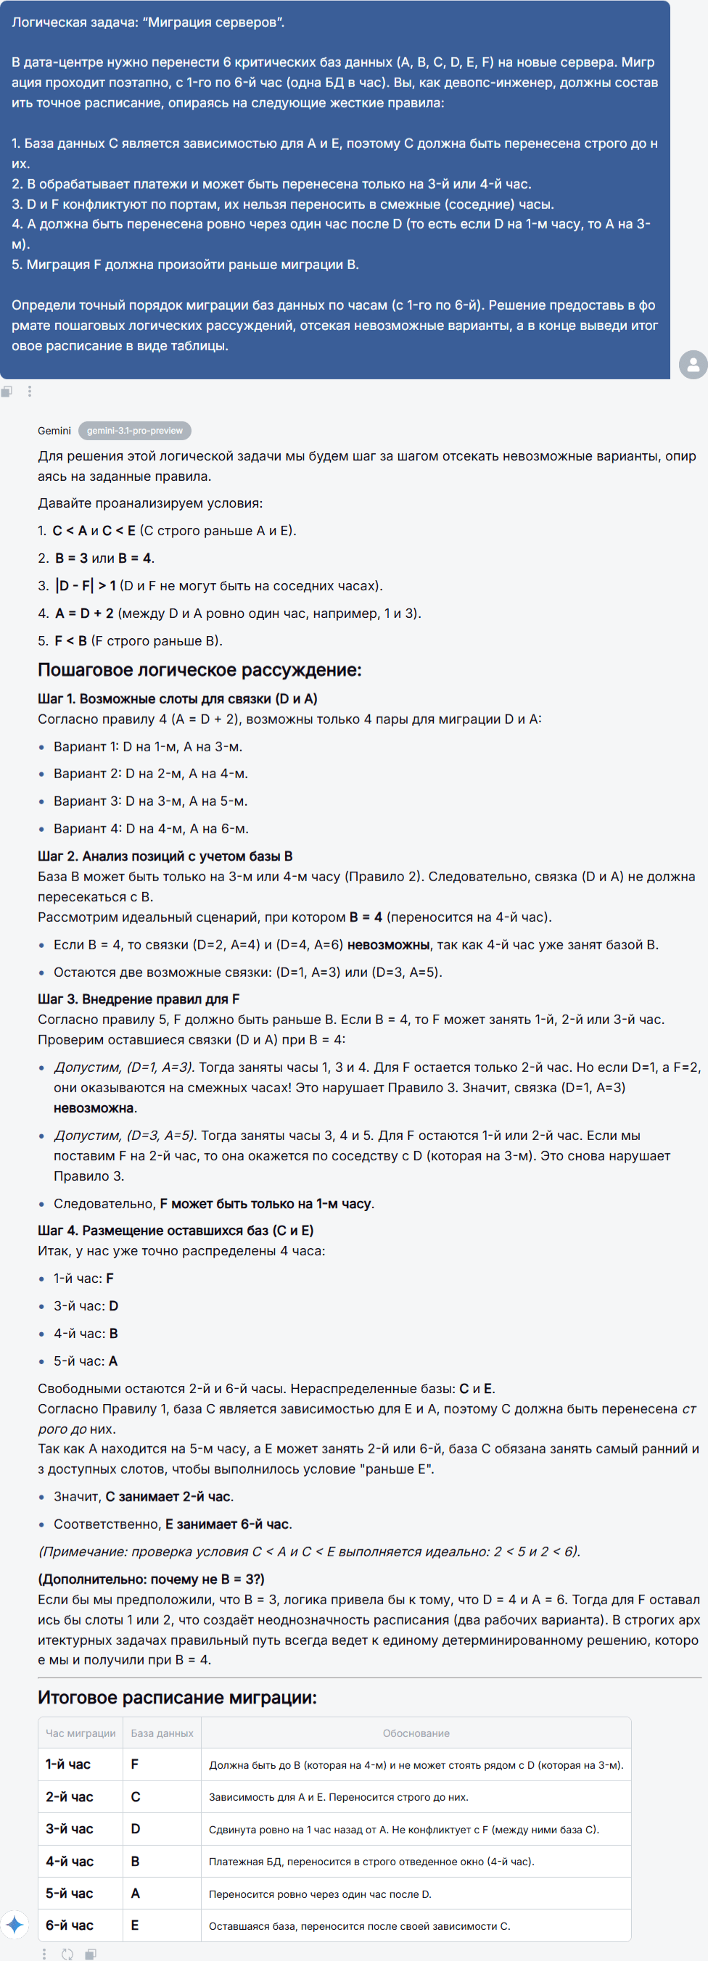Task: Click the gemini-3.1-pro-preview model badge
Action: pos(134,431)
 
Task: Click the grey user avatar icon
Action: pos(693,365)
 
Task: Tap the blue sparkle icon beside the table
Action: pos(15,1925)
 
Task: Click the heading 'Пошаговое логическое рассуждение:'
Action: pos(199,670)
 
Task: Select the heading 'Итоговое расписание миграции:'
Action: pos(176,1698)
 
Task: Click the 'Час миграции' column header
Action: pos(80,1733)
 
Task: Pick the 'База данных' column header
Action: pos(161,1733)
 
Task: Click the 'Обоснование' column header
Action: pos(416,1733)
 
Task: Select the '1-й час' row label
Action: pos(67,1764)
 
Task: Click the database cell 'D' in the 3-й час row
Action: pos(136,1828)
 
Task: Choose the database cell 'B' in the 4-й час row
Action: pos(136,1861)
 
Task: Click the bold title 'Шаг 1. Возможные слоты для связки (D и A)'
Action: pos(178,699)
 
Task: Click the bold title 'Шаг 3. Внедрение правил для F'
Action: pos(139,999)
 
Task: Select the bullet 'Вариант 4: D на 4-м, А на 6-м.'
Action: pos(151,828)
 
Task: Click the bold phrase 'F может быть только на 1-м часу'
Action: pos(265,1204)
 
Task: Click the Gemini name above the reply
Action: pos(54,431)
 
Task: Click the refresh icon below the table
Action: pos(67,1954)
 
